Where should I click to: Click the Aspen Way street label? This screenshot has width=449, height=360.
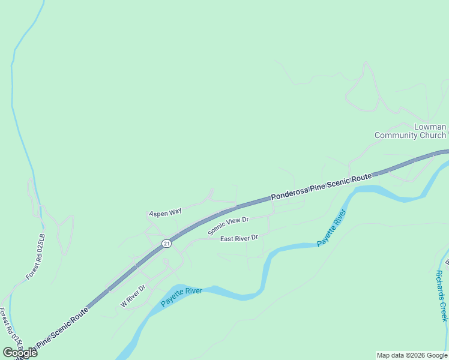(165, 212)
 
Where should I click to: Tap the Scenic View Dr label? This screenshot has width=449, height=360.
(228, 226)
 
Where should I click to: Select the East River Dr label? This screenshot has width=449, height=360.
(239, 238)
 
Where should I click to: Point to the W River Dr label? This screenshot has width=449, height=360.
(133, 296)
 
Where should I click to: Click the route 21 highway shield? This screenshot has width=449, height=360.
(166, 243)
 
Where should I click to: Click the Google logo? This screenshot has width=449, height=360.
(20, 352)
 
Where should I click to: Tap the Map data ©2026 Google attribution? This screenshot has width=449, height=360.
(411, 355)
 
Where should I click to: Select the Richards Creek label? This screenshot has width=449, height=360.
(442, 295)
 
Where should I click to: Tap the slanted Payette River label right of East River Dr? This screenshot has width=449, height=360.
(332, 228)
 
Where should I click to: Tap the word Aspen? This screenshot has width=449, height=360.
(158, 213)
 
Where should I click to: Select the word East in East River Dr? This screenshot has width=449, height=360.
(227, 238)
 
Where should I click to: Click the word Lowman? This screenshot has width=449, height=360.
(430, 127)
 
